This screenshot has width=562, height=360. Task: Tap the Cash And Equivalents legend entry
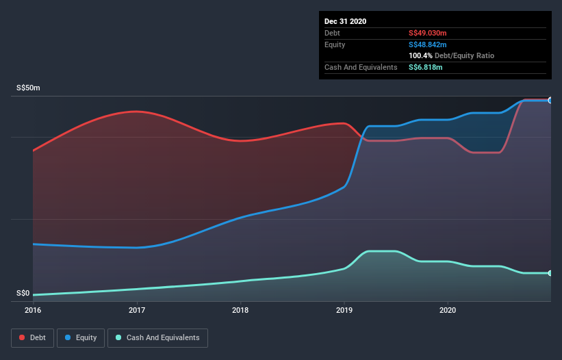[157, 337]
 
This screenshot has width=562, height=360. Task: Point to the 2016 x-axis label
[33, 310]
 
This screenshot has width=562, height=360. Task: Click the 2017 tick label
[137, 310]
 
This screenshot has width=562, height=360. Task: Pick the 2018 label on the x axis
[240, 310]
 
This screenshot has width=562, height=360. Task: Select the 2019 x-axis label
[344, 310]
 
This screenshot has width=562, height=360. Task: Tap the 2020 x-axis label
[448, 310]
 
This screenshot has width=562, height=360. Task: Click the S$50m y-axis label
[29, 88]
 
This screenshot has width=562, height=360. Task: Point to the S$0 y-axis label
[23, 293]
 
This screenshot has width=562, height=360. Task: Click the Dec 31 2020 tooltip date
[346, 21]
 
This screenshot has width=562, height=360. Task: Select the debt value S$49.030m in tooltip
[427, 33]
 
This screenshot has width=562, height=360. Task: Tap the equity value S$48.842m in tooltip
[427, 44]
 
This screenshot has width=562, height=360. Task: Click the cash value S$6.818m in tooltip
[425, 67]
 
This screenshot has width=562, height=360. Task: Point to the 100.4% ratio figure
[420, 55]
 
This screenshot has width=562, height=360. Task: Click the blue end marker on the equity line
[550, 101]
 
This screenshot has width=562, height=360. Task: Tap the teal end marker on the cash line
[550, 273]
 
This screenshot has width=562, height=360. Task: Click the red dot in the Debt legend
[23, 337]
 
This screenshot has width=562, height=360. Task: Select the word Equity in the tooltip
[335, 44]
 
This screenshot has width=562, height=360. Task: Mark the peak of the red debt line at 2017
[137, 111]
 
